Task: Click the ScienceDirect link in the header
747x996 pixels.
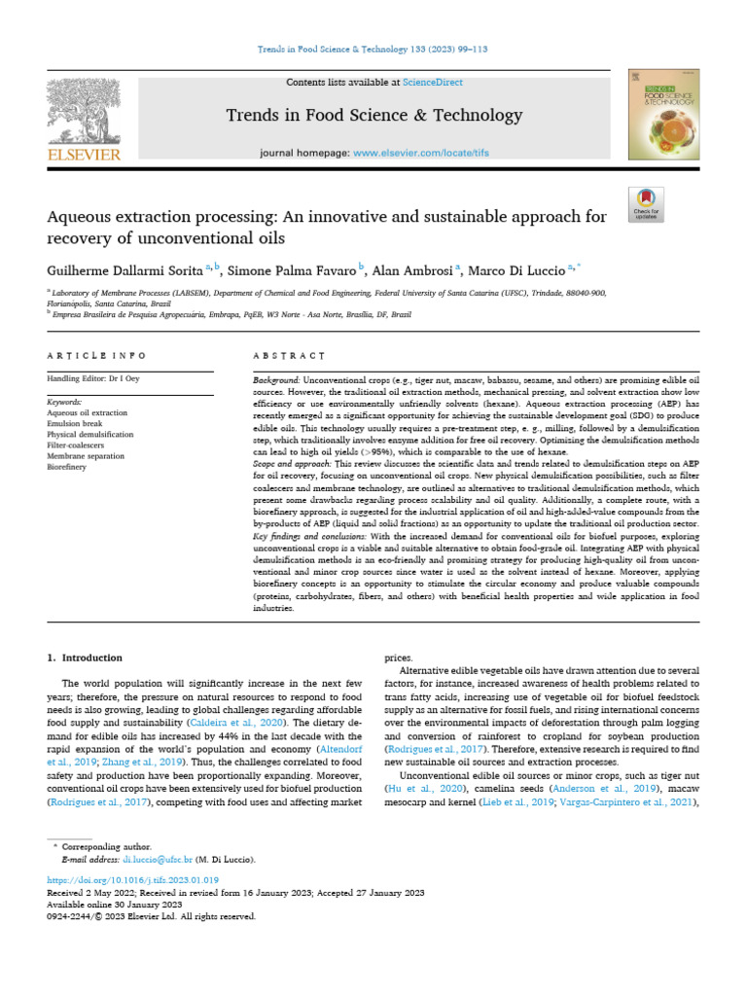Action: click(x=434, y=83)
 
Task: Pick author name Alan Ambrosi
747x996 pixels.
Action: click(x=413, y=267)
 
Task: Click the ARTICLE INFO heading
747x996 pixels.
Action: click(x=97, y=356)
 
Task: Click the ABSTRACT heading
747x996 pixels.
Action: click(x=282, y=356)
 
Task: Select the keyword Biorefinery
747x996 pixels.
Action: click(x=70, y=466)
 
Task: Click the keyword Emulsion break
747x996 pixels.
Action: click(x=77, y=423)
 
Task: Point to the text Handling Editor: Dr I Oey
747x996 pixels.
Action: click(x=93, y=378)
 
